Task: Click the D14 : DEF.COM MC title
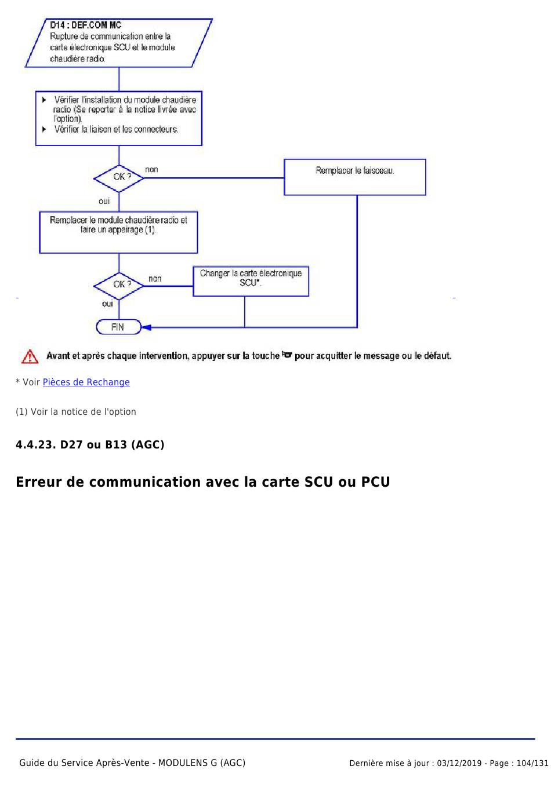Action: [x=85, y=25]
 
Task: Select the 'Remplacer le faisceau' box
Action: [x=354, y=176]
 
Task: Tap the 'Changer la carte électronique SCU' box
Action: [x=251, y=281]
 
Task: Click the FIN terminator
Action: [x=118, y=327]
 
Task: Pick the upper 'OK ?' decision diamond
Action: [x=119, y=177]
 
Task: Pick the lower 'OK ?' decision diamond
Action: [x=119, y=284]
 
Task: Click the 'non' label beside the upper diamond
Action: [x=151, y=170]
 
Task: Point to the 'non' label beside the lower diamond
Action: [x=155, y=279]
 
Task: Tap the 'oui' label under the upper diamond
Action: [x=104, y=201]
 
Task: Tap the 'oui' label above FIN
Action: [x=107, y=304]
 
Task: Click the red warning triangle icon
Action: [x=30, y=357]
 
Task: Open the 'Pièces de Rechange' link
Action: [x=86, y=382]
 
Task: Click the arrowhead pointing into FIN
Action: [x=146, y=327]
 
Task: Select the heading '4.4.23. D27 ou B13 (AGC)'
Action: [x=90, y=445]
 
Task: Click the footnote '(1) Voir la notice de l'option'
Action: [x=76, y=412]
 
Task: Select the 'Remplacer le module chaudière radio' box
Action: [x=118, y=232]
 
